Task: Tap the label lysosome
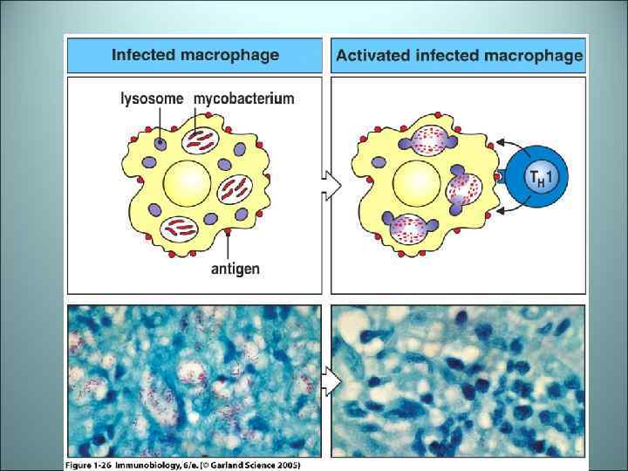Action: (x=152, y=99)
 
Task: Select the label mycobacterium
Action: (x=243, y=99)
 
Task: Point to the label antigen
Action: (x=235, y=269)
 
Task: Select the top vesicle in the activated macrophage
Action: (x=428, y=139)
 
